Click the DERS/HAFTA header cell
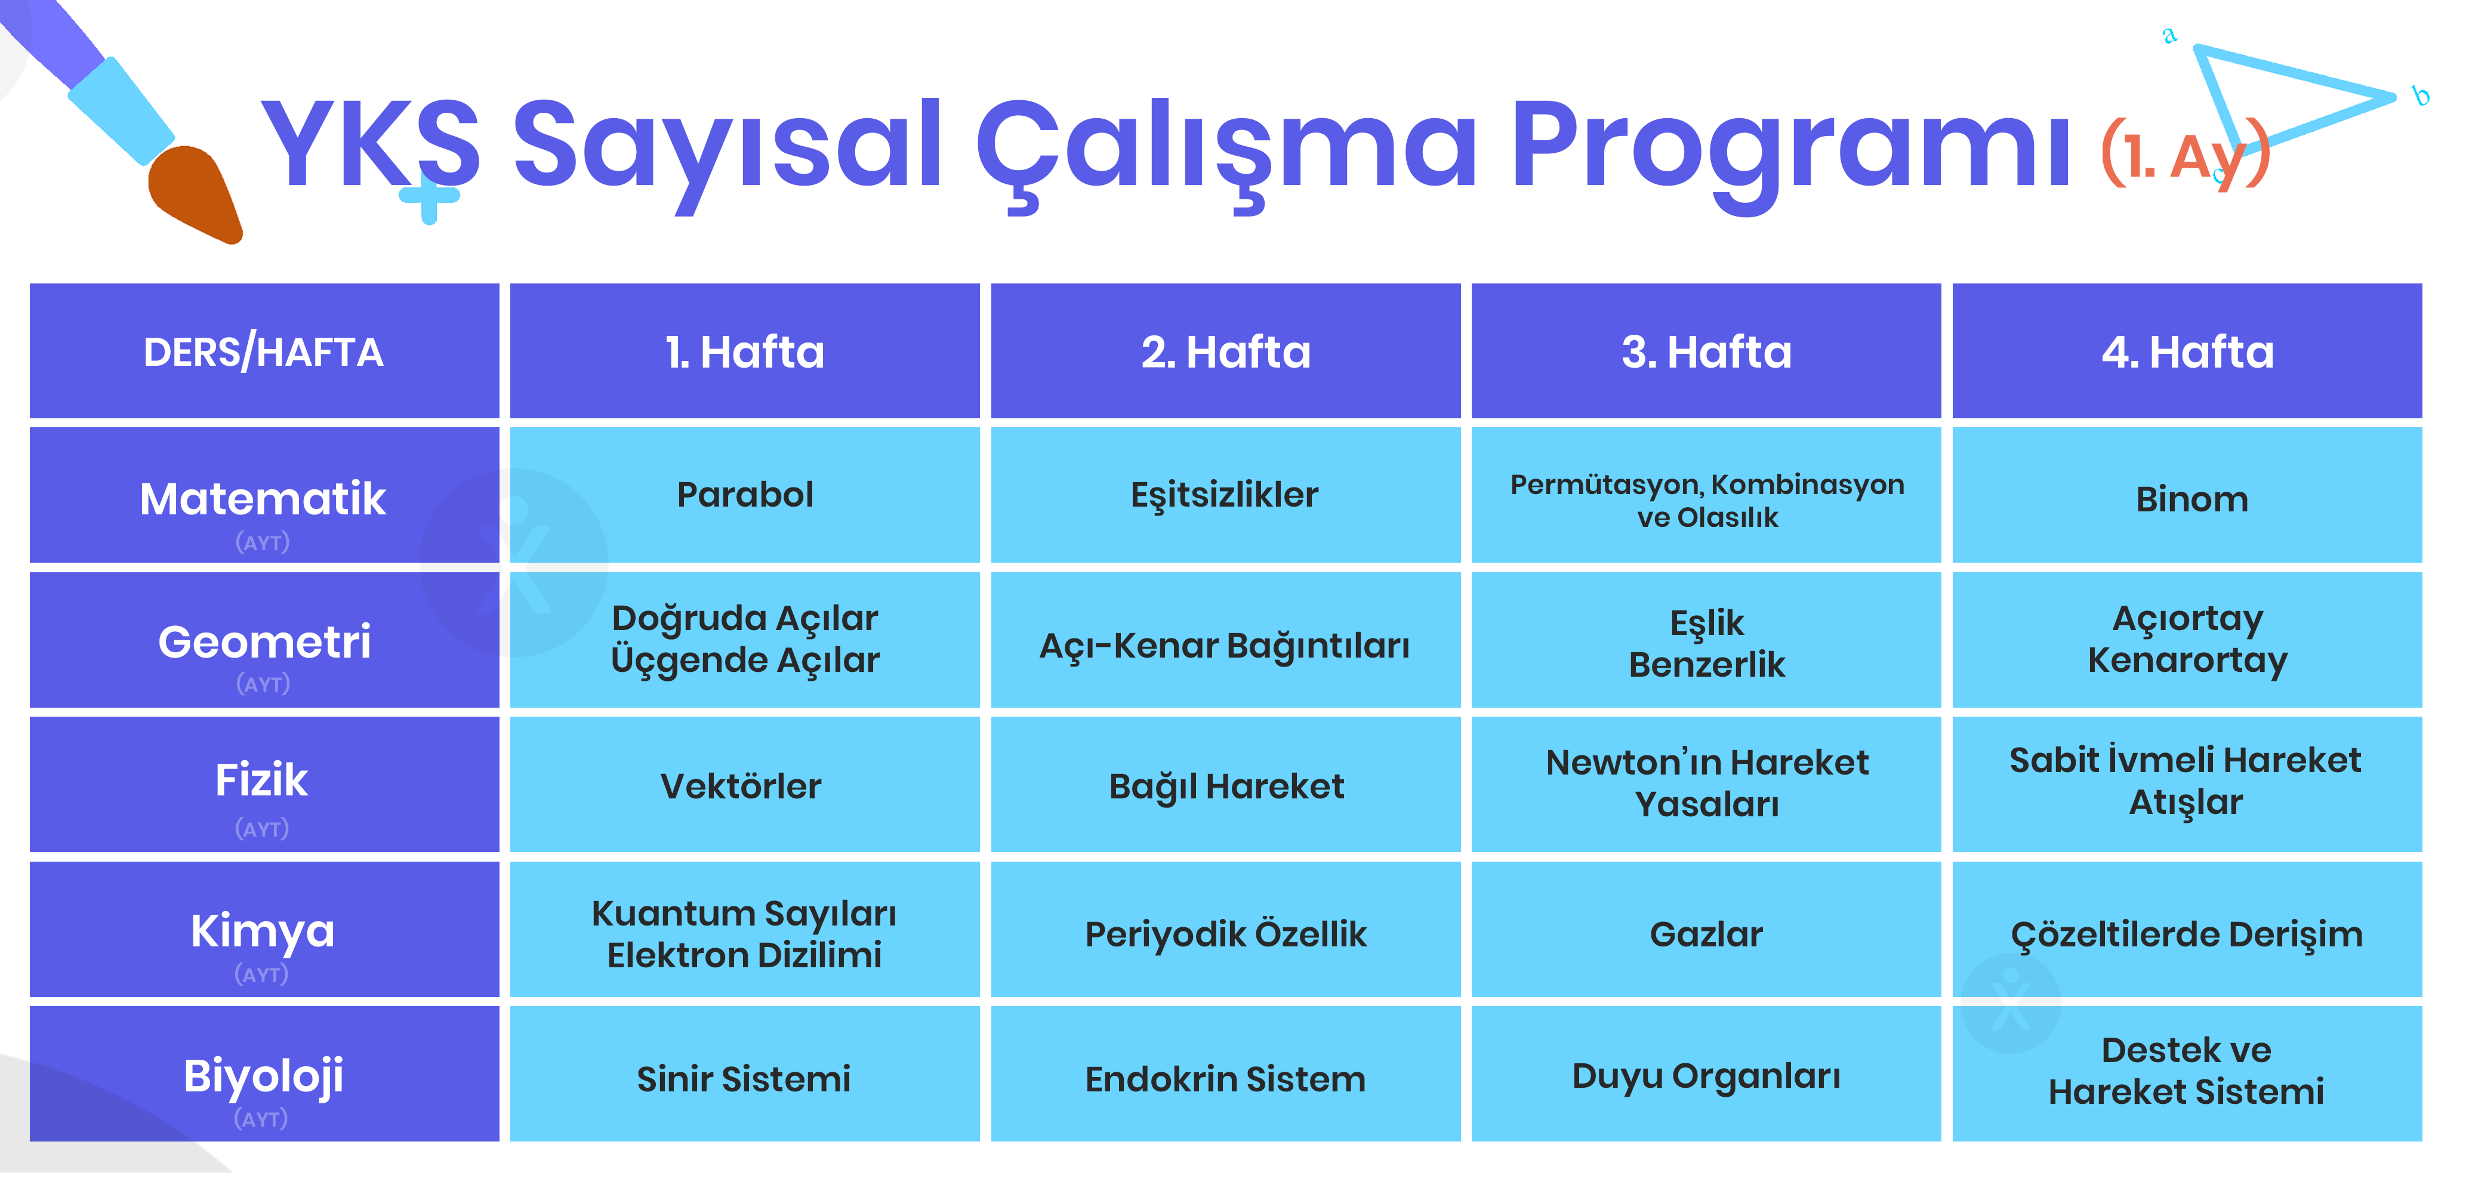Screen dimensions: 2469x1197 (264, 351)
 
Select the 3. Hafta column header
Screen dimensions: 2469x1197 (1706, 351)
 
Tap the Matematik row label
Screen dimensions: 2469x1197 (264, 495)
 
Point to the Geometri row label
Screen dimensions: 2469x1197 (264, 640)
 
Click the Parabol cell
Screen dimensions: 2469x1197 (745, 495)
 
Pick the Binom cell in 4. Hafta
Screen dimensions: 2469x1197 (2187, 495)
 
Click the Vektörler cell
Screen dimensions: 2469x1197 (745, 785)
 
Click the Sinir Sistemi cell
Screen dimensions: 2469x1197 (745, 1074)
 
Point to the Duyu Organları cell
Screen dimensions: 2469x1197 (1706, 1074)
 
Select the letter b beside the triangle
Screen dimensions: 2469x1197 (2421, 96)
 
